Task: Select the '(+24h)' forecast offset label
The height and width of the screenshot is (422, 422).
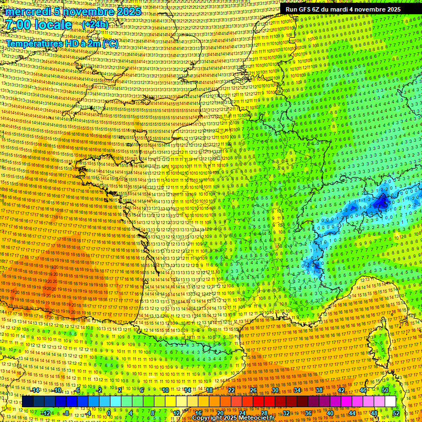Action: tap(95, 25)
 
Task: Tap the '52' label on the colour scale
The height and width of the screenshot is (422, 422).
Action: tap(396, 413)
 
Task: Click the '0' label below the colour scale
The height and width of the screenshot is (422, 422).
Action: tap(109, 413)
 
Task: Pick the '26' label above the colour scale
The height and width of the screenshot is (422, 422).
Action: tap(253, 390)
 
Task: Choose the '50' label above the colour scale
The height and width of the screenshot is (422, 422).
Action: tap(385, 390)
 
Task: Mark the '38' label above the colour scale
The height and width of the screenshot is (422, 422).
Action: tap(319, 390)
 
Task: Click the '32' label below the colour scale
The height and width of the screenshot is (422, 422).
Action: tap(286, 413)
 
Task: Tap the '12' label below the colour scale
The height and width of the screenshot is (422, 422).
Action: tap(176, 413)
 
